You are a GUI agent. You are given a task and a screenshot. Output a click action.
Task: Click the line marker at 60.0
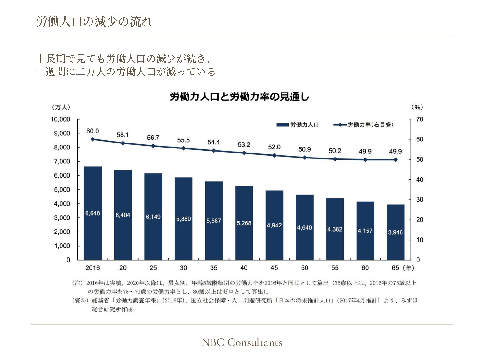[92, 139]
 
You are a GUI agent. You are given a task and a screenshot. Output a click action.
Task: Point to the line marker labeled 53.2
[244, 153]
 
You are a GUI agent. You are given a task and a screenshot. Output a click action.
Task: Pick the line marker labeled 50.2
[335, 159]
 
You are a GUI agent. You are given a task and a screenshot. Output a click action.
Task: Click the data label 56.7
[153, 138]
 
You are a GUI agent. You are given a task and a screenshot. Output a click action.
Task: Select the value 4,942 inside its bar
[274, 225]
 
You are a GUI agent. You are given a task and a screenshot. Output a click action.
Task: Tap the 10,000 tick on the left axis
[61, 119]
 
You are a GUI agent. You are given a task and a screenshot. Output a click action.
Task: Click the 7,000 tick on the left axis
[62, 162]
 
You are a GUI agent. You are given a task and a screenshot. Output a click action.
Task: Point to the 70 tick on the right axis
[420, 119]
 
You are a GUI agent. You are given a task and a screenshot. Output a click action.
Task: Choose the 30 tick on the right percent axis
[420, 200]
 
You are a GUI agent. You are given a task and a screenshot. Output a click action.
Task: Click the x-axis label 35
[214, 268]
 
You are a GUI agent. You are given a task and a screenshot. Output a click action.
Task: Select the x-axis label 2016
[92, 268]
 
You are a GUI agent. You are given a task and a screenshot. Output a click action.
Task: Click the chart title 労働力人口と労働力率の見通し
[239, 97]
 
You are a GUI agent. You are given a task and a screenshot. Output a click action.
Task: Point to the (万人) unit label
[61, 107]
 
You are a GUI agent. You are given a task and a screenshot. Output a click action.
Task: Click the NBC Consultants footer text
[242, 342]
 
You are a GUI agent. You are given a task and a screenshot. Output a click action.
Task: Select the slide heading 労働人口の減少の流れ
[94, 22]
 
